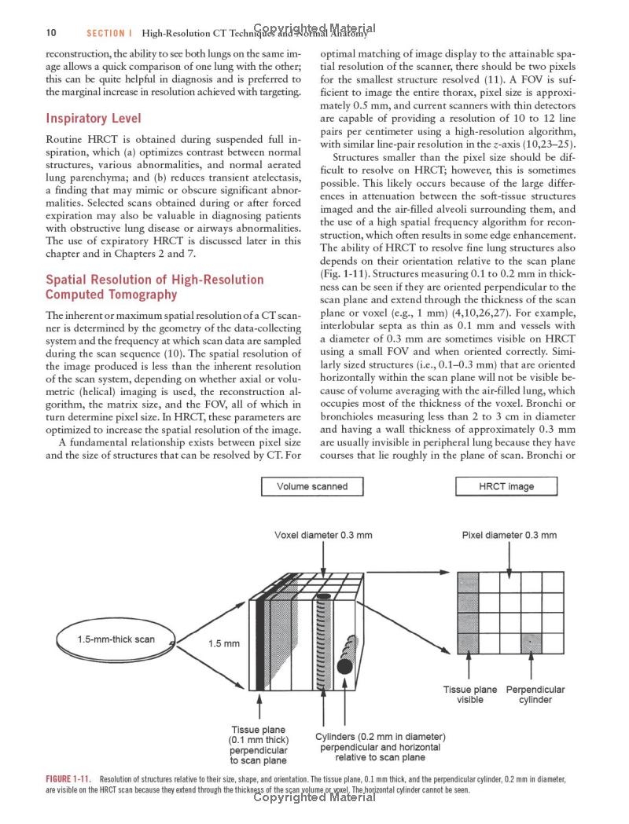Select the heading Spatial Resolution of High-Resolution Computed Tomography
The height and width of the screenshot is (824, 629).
[155, 287]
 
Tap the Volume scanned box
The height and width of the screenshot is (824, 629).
[311, 486]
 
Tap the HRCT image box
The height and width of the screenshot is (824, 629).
[506, 486]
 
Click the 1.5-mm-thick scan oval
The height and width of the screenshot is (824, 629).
[116, 639]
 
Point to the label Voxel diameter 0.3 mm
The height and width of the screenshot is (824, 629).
[323, 536]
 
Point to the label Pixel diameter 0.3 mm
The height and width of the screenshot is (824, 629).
[509, 536]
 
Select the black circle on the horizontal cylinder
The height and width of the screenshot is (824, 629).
[344, 666]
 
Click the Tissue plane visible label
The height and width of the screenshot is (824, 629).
[470, 694]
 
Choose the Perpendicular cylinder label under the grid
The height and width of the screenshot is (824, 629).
[535, 694]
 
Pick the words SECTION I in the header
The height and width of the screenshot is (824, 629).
[105, 34]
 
